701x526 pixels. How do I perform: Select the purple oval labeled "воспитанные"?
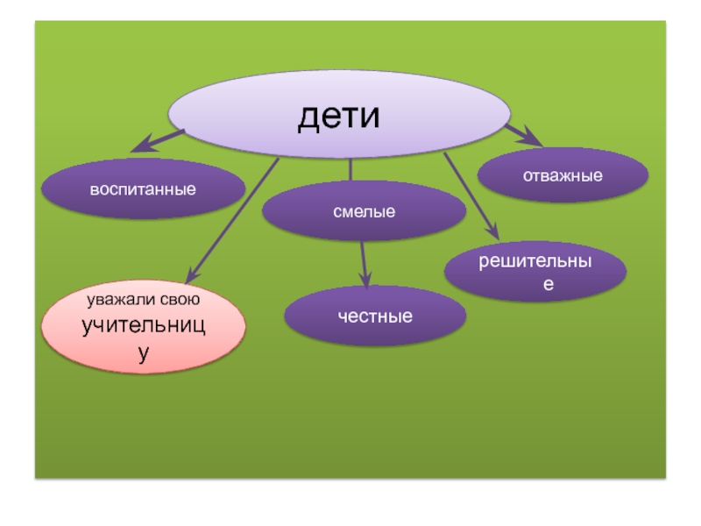tap(144, 188)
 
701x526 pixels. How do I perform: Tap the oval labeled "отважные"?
tap(563, 175)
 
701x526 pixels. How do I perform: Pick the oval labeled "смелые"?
tap(364, 211)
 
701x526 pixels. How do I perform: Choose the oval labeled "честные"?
tap(375, 316)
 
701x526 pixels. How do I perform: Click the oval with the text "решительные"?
tap(535, 273)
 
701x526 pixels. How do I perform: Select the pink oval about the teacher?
tap(144, 328)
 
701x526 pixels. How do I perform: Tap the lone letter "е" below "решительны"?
tap(548, 285)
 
